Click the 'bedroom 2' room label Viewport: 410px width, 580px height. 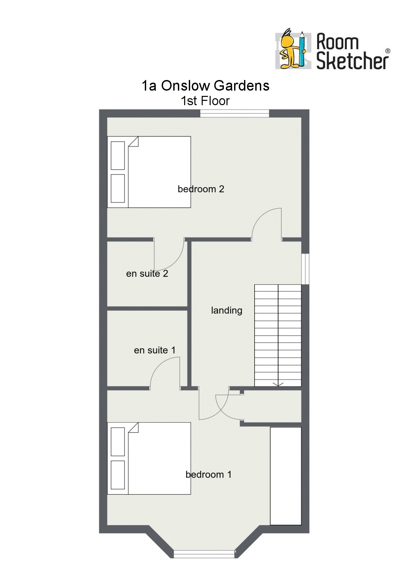tap(201, 189)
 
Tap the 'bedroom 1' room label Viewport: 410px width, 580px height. tap(208, 475)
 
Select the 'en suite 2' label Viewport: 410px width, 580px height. tap(147, 273)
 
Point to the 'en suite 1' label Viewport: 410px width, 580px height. tap(155, 350)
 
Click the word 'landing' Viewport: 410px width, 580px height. tap(227, 311)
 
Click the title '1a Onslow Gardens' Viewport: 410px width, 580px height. tap(205, 85)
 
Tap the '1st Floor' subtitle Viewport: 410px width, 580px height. tap(205, 101)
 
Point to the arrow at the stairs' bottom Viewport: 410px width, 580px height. tap(278, 384)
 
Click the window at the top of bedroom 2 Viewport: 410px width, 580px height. tap(235, 113)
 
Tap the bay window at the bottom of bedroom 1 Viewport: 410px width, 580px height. tap(204, 554)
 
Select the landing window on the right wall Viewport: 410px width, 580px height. tap(305, 269)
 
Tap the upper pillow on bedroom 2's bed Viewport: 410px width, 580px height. tap(118, 155)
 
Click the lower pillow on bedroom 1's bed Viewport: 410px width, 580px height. tap(118, 475)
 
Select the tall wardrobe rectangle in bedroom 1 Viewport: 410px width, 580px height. tap(286, 476)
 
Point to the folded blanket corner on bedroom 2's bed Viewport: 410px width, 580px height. tap(133, 142)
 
